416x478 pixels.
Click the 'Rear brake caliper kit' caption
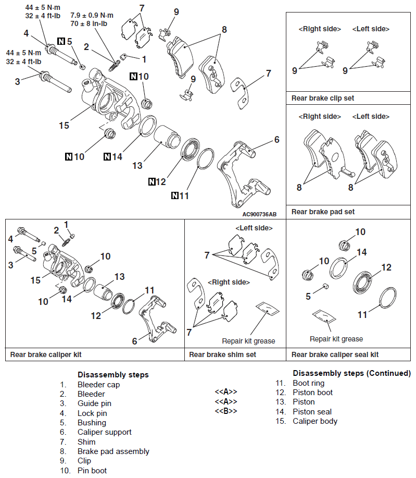coord(46,354)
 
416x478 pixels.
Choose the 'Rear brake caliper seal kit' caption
coord(335,354)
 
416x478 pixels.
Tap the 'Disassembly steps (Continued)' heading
coord(351,373)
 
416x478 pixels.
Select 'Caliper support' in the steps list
coord(104,432)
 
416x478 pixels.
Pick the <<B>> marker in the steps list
coord(226,411)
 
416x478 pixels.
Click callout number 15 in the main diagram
coord(64,126)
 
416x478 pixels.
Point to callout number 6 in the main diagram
coord(277,139)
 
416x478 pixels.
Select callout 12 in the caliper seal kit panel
coord(386,268)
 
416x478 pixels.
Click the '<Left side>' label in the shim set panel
coord(254,228)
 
